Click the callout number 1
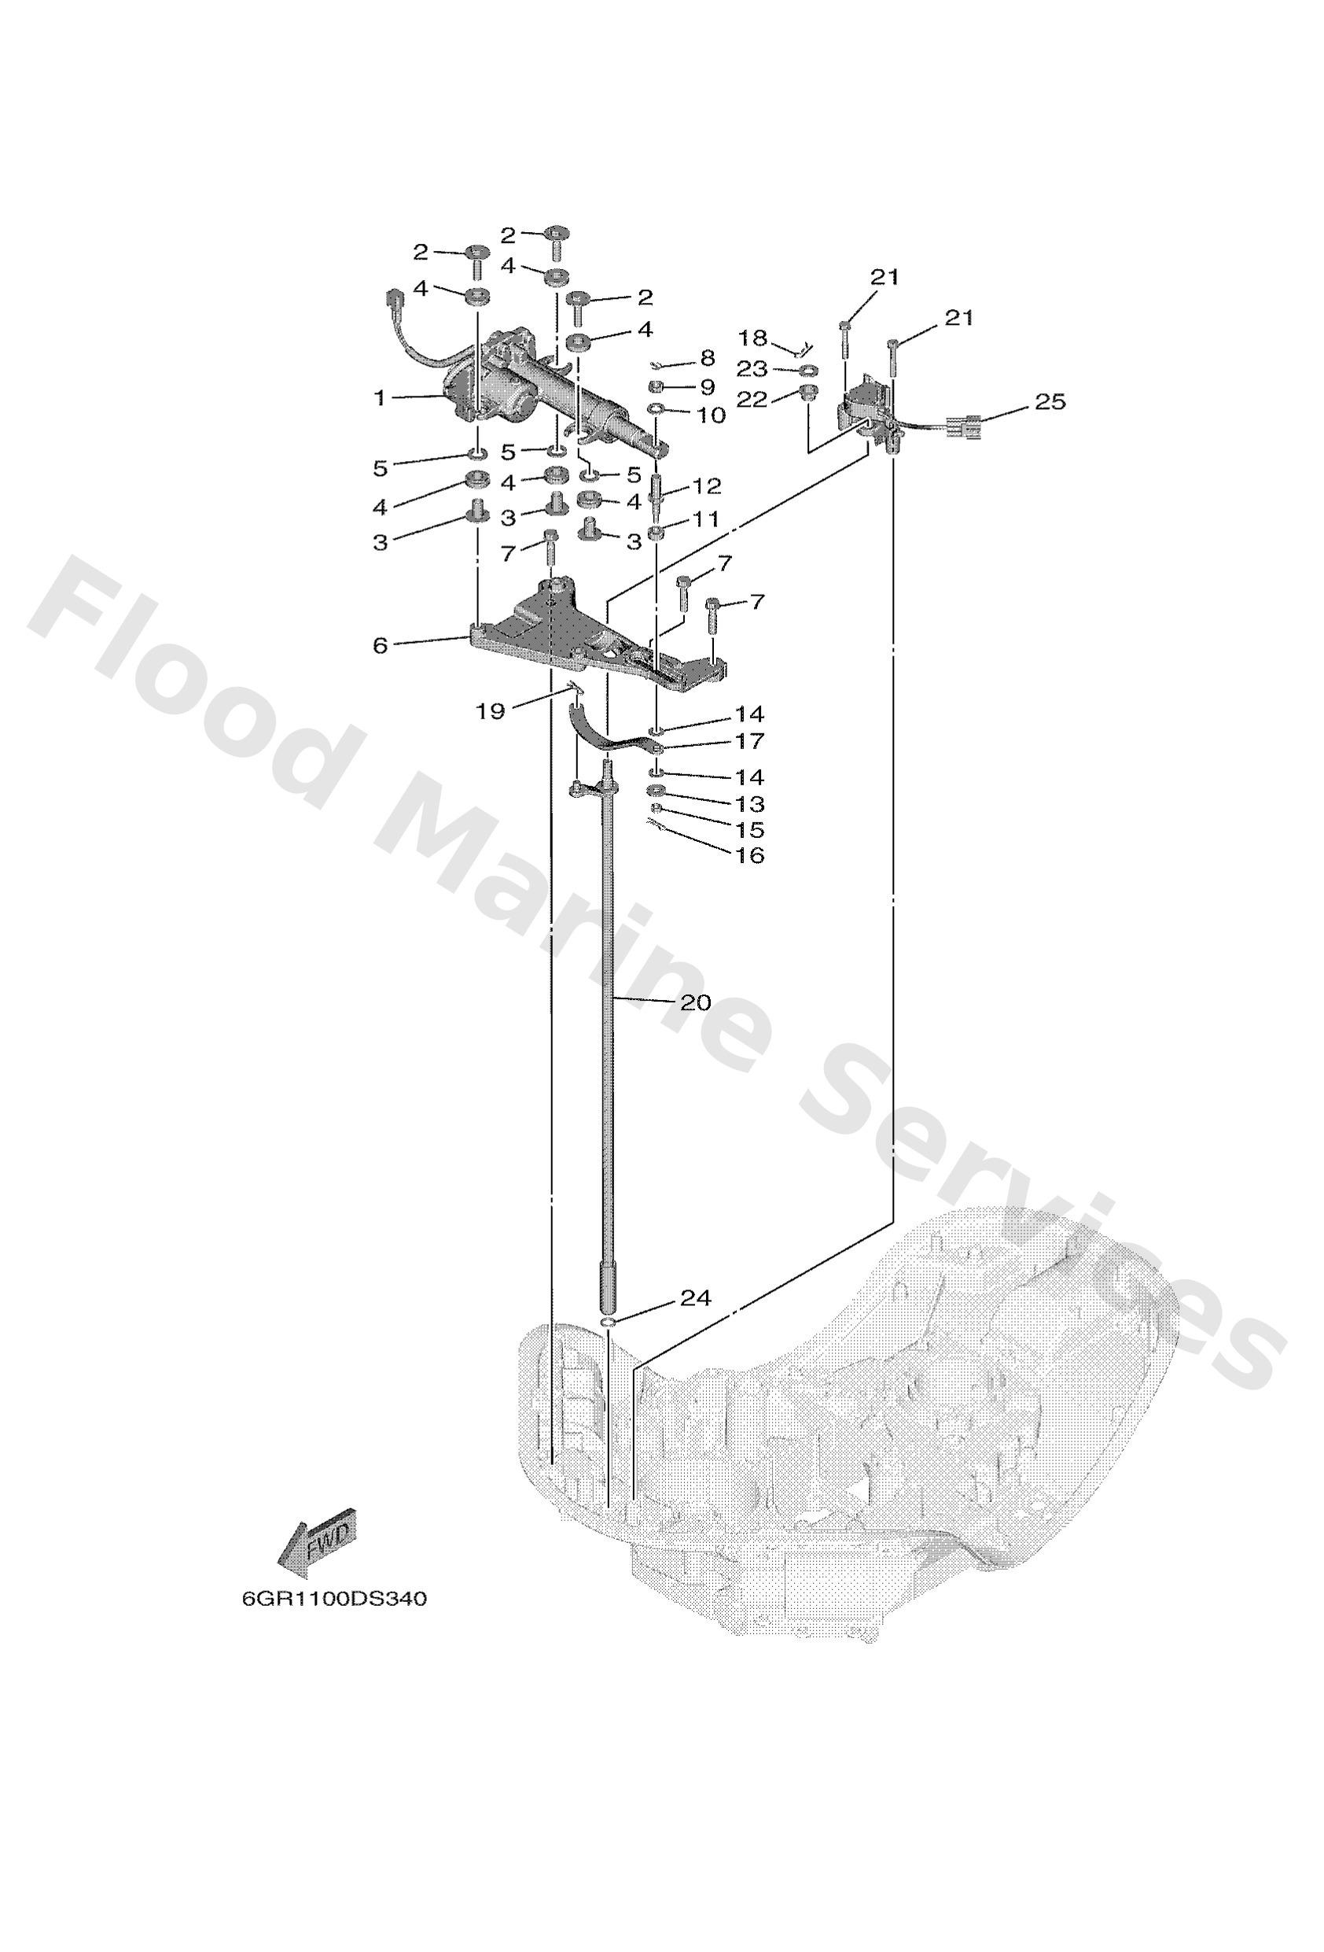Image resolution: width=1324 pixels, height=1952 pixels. coord(381,397)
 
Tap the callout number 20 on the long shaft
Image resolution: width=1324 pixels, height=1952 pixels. coord(695,1002)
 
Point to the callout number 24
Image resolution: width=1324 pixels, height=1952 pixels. coord(695,1297)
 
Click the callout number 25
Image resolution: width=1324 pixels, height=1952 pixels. coord(1050,402)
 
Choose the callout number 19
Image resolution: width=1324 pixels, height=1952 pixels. coord(491,711)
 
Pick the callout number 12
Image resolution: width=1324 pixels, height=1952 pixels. coord(706,486)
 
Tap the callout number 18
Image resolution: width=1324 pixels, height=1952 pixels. coord(752,338)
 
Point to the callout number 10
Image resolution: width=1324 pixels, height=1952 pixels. coord(710,415)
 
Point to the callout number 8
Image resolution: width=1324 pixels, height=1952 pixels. coord(707,358)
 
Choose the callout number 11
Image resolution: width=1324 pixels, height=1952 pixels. coord(706,520)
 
